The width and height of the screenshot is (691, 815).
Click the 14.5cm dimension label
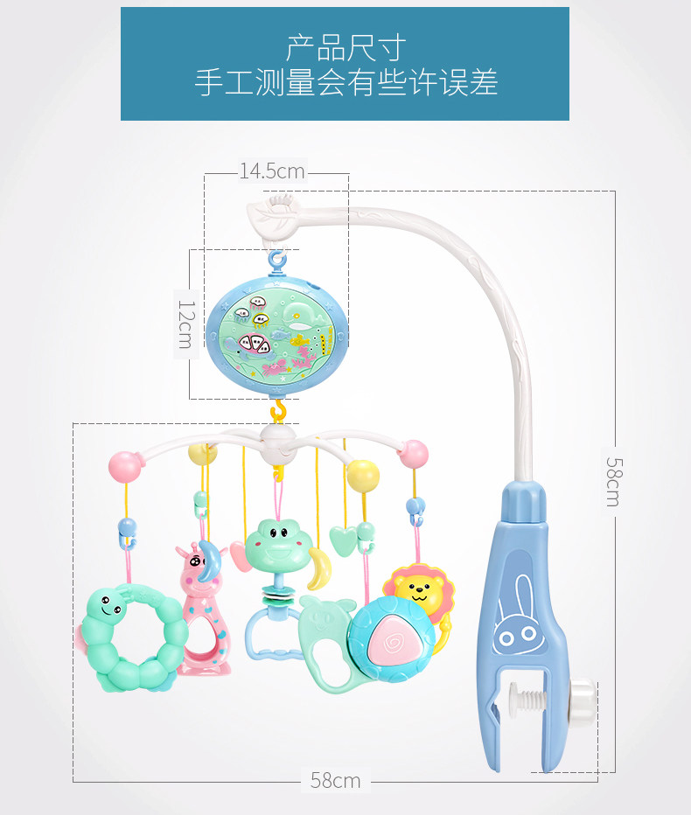[x=272, y=171]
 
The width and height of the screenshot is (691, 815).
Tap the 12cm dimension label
[x=185, y=324]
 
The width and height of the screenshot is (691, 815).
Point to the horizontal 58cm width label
[x=335, y=781]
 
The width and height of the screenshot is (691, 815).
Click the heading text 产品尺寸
[x=345, y=47]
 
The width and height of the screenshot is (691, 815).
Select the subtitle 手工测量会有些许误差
[x=345, y=84]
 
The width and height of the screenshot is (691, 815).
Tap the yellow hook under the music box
[x=279, y=409]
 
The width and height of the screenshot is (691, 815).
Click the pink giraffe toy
[x=203, y=612]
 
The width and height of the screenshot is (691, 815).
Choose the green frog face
[x=275, y=541]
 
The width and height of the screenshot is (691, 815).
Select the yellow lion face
[x=420, y=589]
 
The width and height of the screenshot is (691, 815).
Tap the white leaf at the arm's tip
[x=275, y=216]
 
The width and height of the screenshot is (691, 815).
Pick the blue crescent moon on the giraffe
[x=208, y=561]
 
